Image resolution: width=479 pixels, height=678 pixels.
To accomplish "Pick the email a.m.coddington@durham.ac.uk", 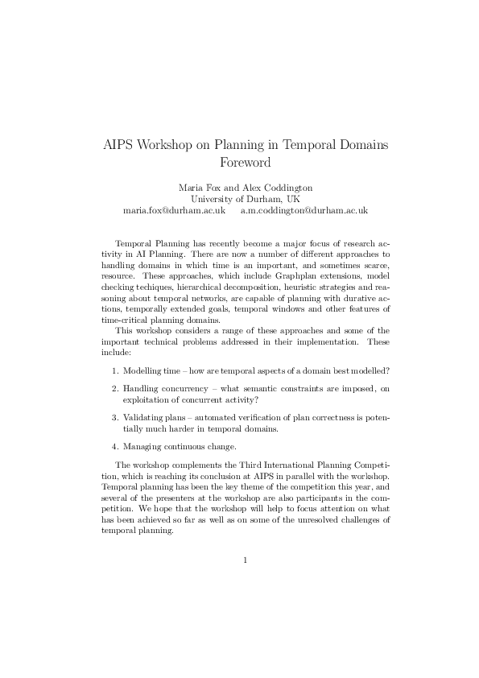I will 304,210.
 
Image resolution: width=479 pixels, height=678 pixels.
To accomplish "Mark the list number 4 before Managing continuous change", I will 114,445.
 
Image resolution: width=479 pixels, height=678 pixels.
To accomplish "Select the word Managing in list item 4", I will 142,445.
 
